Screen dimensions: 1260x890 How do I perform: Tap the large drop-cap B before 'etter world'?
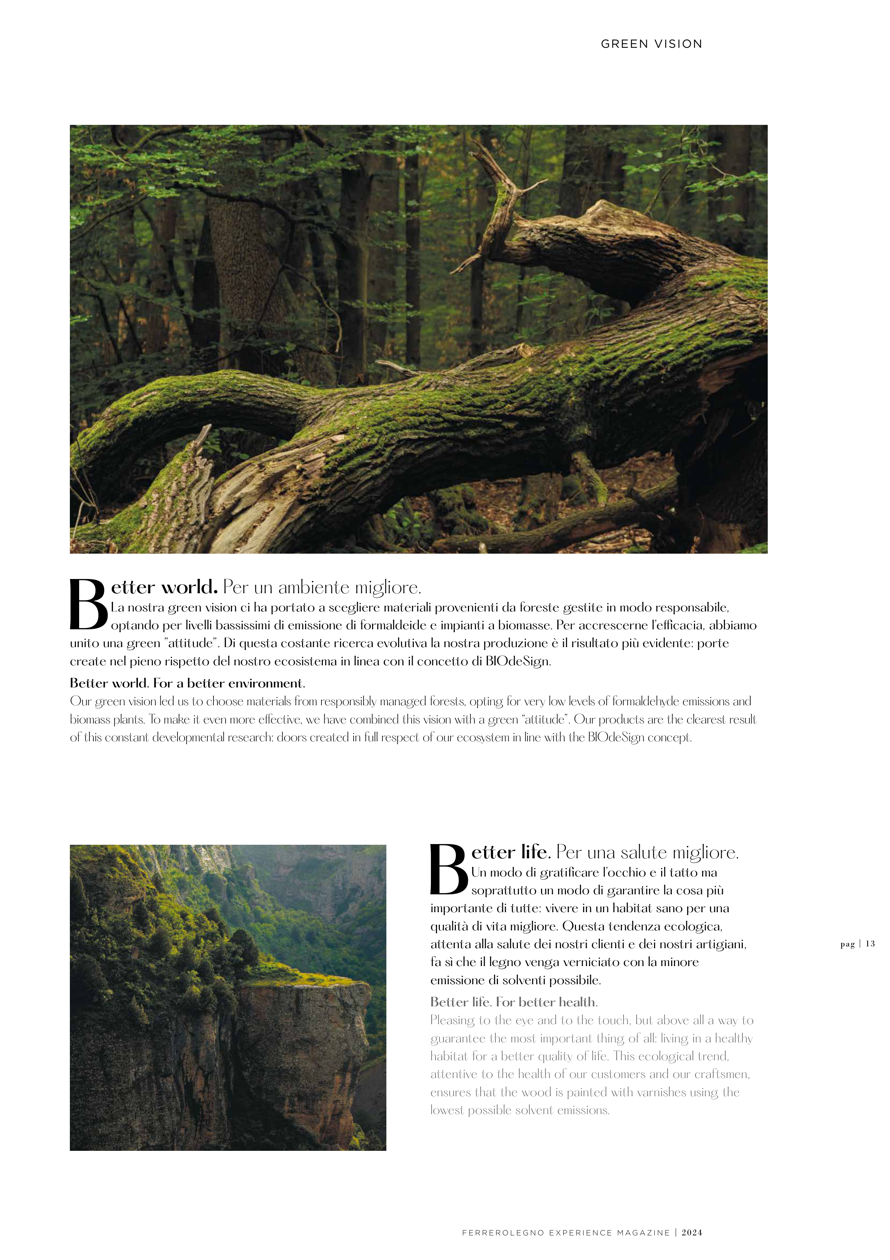tap(88, 605)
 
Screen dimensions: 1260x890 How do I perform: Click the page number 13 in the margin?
tap(870, 944)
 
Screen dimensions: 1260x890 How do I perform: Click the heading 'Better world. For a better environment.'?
tap(187, 683)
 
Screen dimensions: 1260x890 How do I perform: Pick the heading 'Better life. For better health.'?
tap(514, 1002)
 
